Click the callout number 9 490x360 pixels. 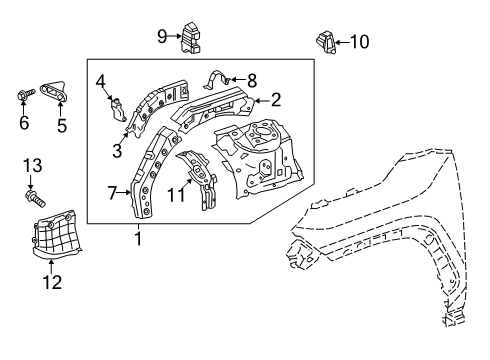pyautogui.click(x=162, y=38)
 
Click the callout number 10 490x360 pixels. pyautogui.click(x=359, y=41)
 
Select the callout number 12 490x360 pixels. pyautogui.click(x=53, y=282)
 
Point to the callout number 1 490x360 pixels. pyautogui.click(x=139, y=238)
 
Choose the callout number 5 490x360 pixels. pyautogui.click(x=61, y=124)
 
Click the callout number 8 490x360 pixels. pyautogui.click(x=252, y=78)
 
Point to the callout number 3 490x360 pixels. pyautogui.click(x=117, y=151)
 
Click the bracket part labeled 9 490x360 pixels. pyautogui.click(x=190, y=37)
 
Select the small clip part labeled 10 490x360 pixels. pyautogui.click(x=325, y=42)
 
